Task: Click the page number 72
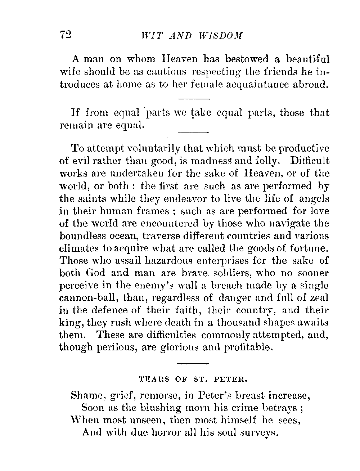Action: click(x=66, y=35)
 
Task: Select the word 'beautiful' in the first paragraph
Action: click(x=308, y=59)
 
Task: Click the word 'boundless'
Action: click(x=84, y=236)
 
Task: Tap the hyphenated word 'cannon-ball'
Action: click(x=89, y=298)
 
